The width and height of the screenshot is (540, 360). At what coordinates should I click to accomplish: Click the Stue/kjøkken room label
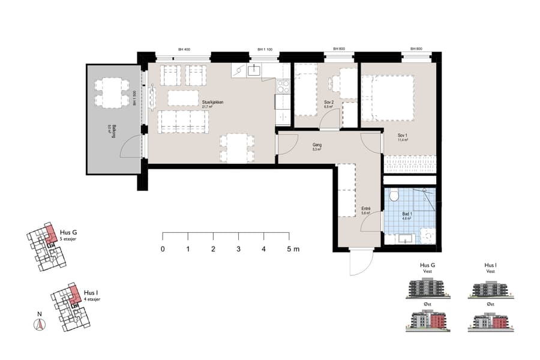tap(213, 103)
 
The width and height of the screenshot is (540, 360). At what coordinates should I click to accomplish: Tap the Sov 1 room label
tap(402, 137)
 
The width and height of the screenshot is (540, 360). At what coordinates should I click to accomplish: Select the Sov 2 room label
tap(329, 103)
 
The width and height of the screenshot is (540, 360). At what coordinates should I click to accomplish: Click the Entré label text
tap(366, 209)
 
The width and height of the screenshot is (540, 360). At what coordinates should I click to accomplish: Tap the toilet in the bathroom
tap(394, 196)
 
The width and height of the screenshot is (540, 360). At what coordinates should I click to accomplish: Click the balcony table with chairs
tap(112, 92)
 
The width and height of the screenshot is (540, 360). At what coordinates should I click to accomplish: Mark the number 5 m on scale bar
tap(292, 248)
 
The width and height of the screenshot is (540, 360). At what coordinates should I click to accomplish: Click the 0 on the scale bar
tap(163, 248)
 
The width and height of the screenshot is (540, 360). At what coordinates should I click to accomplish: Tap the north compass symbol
tap(40, 325)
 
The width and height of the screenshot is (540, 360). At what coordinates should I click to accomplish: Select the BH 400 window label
tap(184, 49)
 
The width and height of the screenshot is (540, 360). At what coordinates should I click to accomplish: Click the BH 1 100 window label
tap(265, 49)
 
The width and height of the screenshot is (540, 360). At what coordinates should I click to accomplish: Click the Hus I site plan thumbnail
tap(69, 307)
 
